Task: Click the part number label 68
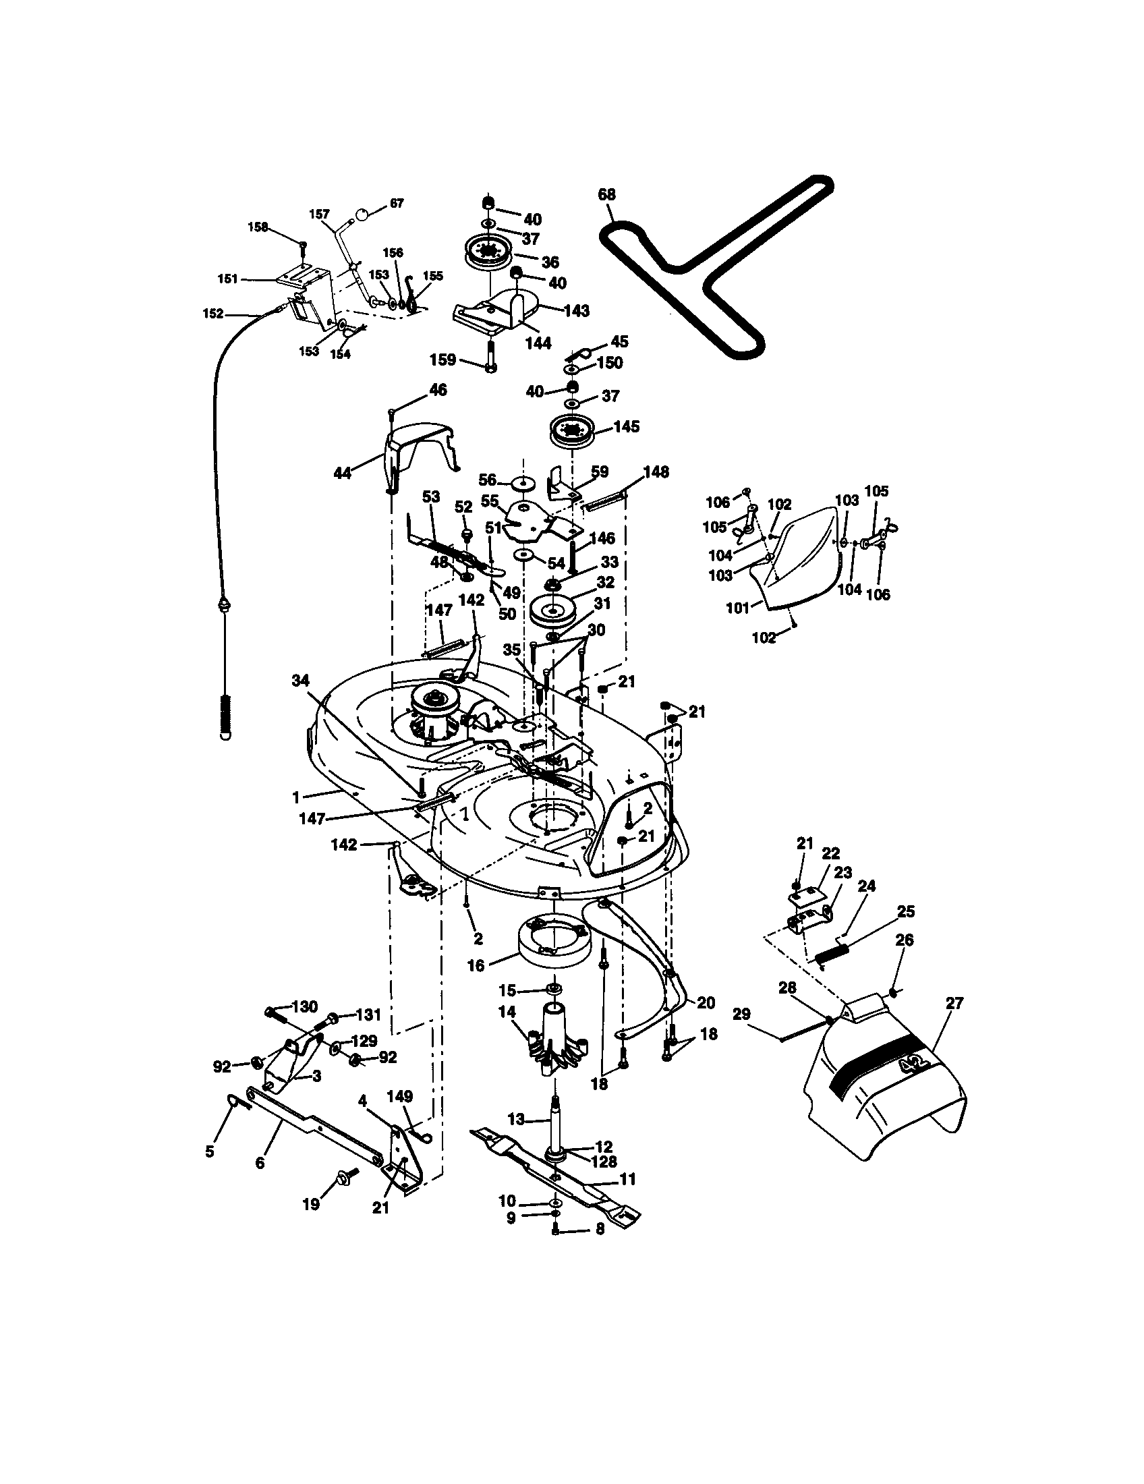[x=606, y=194]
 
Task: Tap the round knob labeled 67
[x=363, y=215]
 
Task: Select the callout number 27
[x=954, y=1003]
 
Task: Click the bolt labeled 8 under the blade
[x=555, y=1228]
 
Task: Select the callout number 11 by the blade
[x=628, y=1179]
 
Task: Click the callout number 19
[x=310, y=1205]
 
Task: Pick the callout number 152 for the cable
[x=212, y=314]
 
